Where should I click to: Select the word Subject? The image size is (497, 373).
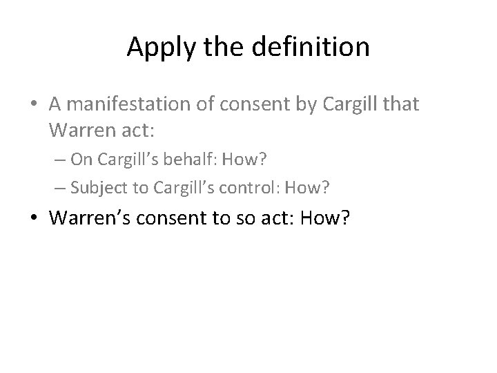point(93,186)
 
